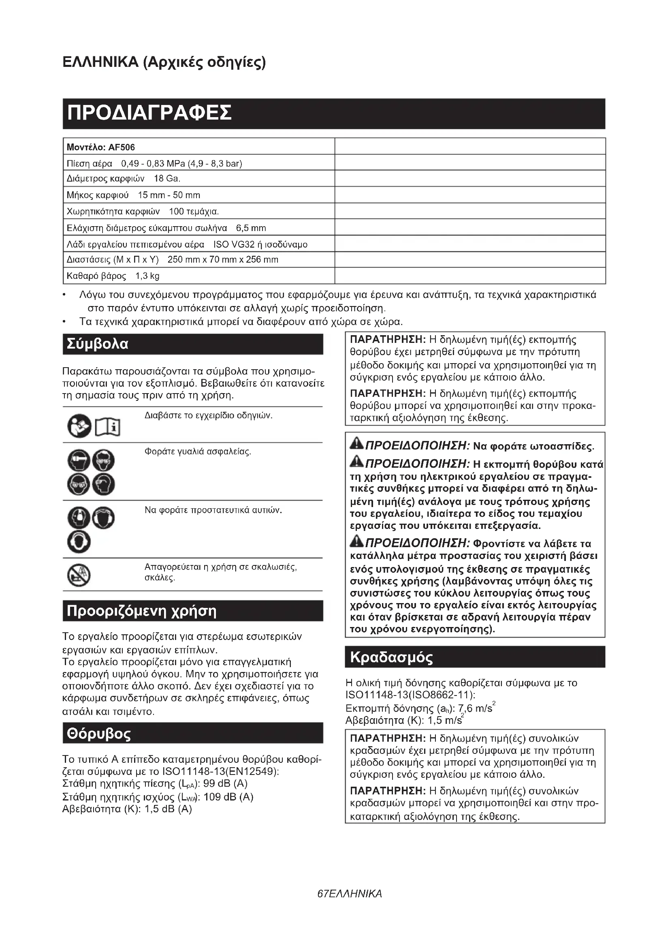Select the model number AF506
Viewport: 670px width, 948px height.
tap(122, 148)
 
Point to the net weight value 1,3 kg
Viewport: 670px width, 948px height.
tap(147, 276)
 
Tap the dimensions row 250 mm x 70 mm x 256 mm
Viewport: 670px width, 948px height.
tap(223, 260)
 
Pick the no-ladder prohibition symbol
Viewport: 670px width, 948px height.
tap(79, 575)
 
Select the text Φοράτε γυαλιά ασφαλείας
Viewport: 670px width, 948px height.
tap(198, 452)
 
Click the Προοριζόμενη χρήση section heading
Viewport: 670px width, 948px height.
tap(141, 611)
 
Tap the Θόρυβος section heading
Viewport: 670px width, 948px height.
tap(99, 734)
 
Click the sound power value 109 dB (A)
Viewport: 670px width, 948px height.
tap(228, 797)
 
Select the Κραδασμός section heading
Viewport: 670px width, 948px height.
tap(392, 657)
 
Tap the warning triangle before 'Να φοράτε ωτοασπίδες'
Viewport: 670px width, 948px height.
tap(356, 444)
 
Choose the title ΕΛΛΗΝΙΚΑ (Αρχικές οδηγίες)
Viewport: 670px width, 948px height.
tap(164, 62)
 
